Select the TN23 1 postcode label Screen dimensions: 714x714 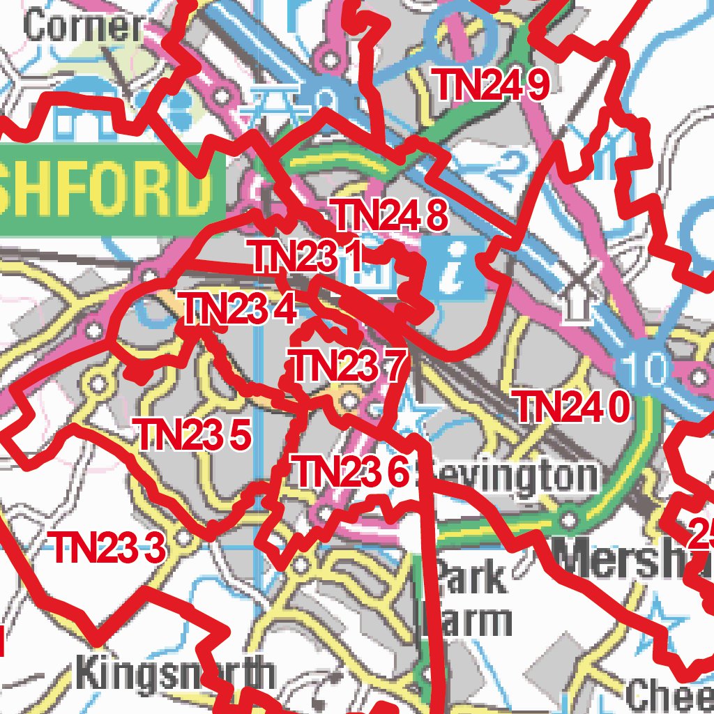pyautogui.click(x=307, y=257)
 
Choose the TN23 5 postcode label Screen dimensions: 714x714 pyautogui.click(x=194, y=436)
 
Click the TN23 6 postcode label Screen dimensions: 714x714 pyautogui.click(x=352, y=472)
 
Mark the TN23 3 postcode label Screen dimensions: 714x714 pyautogui.click(x=109, y=549)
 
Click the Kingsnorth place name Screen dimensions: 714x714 pyautogui.click(x=174, y=674)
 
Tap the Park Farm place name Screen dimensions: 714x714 pyautogui.click(x=468, y=599)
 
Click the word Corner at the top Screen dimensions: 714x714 pyautogui.click(x=84, y=26)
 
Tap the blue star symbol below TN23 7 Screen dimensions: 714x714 pyautogui.click(x=416, y=417)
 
